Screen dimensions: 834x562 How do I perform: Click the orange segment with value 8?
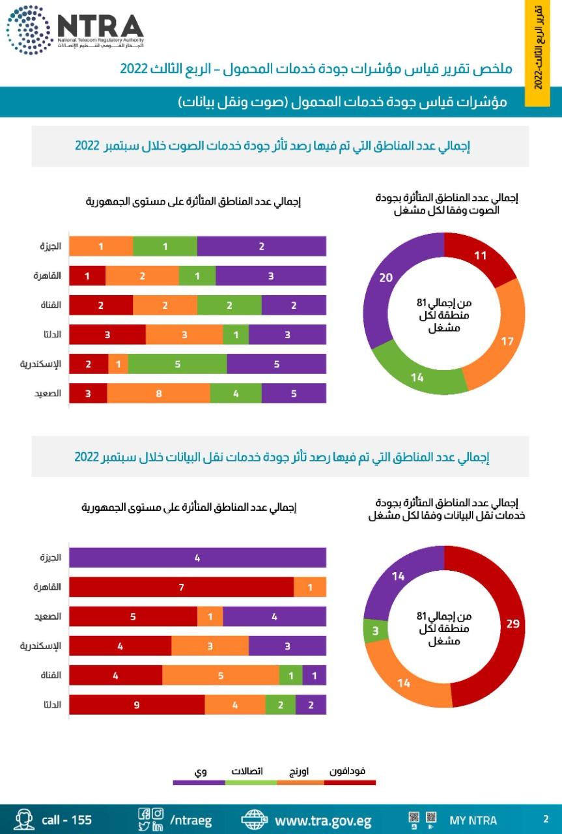(x=158, y=394)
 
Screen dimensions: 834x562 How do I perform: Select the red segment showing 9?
(x=137, y=704)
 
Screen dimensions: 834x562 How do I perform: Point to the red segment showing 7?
(x=181, y=587)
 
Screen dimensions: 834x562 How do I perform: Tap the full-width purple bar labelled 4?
(x=197, y=558)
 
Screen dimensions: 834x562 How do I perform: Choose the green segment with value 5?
(x=177, y=364)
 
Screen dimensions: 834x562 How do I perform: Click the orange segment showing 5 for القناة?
(x=220, y=676)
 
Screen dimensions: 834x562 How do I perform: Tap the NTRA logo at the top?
(x=75, y=30)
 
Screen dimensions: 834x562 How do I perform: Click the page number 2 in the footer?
(x=546, y=819)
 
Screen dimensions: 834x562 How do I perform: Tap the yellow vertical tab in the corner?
(x=538, y=52)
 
